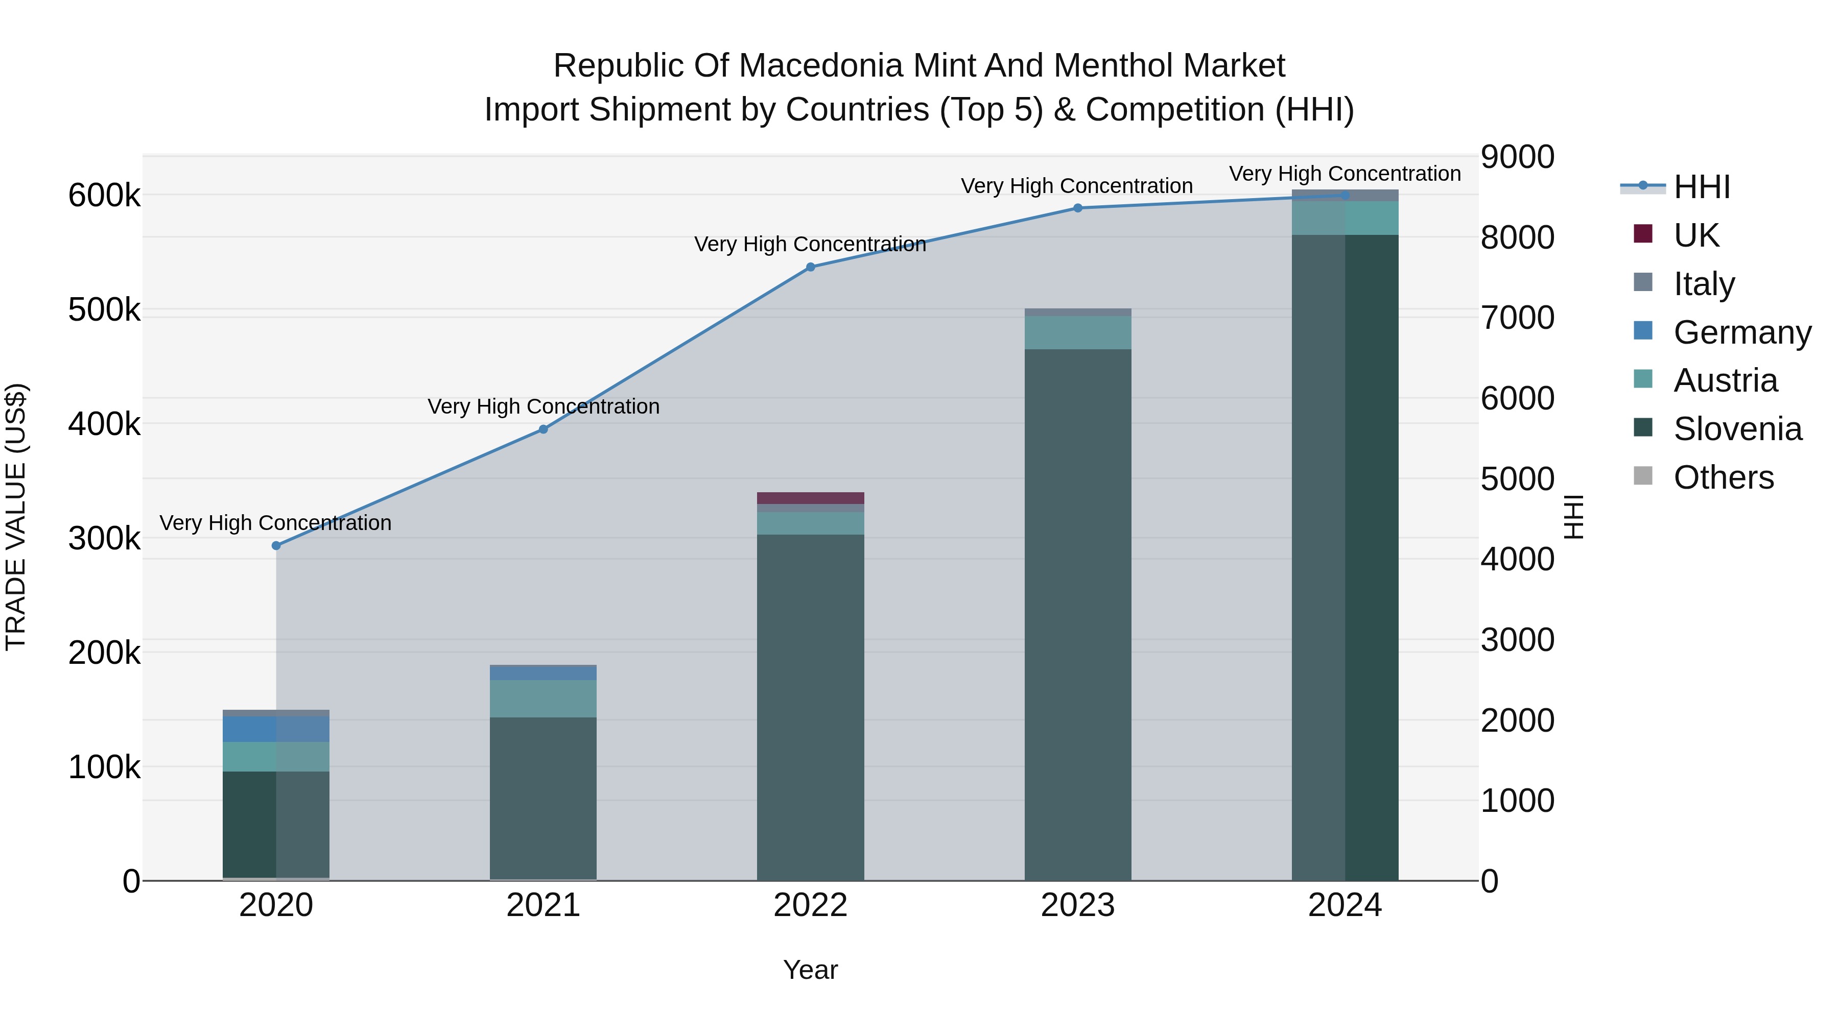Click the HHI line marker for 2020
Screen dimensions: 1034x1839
coord(276,546)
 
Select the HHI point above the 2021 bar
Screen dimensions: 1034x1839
coord(544,429)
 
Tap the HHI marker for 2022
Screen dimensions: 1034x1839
coord(810,268)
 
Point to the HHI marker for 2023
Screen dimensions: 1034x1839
coord(1078,208)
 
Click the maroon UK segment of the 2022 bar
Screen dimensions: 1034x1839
coord(810,498)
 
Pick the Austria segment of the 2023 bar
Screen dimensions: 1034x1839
coord(1078,332)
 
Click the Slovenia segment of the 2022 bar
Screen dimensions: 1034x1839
coord(810,707)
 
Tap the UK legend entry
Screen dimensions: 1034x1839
coord(1695,235)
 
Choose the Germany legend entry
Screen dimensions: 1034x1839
coord(1742,332)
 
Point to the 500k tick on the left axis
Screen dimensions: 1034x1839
coord(104,310)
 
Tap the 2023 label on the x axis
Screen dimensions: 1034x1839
coord(1078,905)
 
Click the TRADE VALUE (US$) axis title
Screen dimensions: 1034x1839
coord(16,517)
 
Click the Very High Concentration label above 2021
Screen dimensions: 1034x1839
coord(544,407)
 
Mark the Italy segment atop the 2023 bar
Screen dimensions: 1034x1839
coord(1078,312)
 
